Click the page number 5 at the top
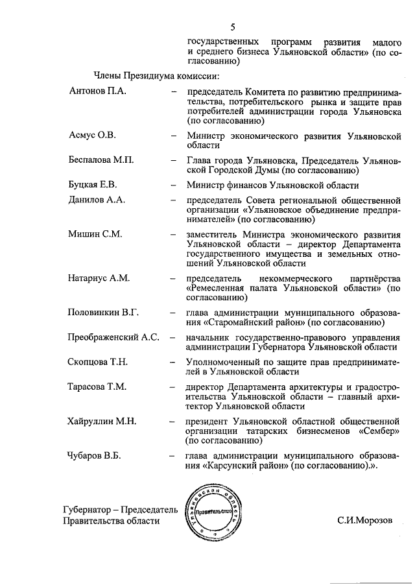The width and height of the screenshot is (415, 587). (232, 27)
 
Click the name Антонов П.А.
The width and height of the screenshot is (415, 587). (97, 91)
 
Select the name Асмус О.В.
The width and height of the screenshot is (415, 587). (92, 136)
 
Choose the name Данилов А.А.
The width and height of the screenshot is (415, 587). (97, 199)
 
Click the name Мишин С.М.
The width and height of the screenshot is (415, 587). (95, 234)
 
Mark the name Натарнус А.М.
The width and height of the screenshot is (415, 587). (99, 278)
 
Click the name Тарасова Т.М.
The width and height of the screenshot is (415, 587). (97, 387)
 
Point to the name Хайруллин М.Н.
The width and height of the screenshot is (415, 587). (101, 421)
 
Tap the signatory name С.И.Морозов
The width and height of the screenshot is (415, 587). (365, 520)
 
